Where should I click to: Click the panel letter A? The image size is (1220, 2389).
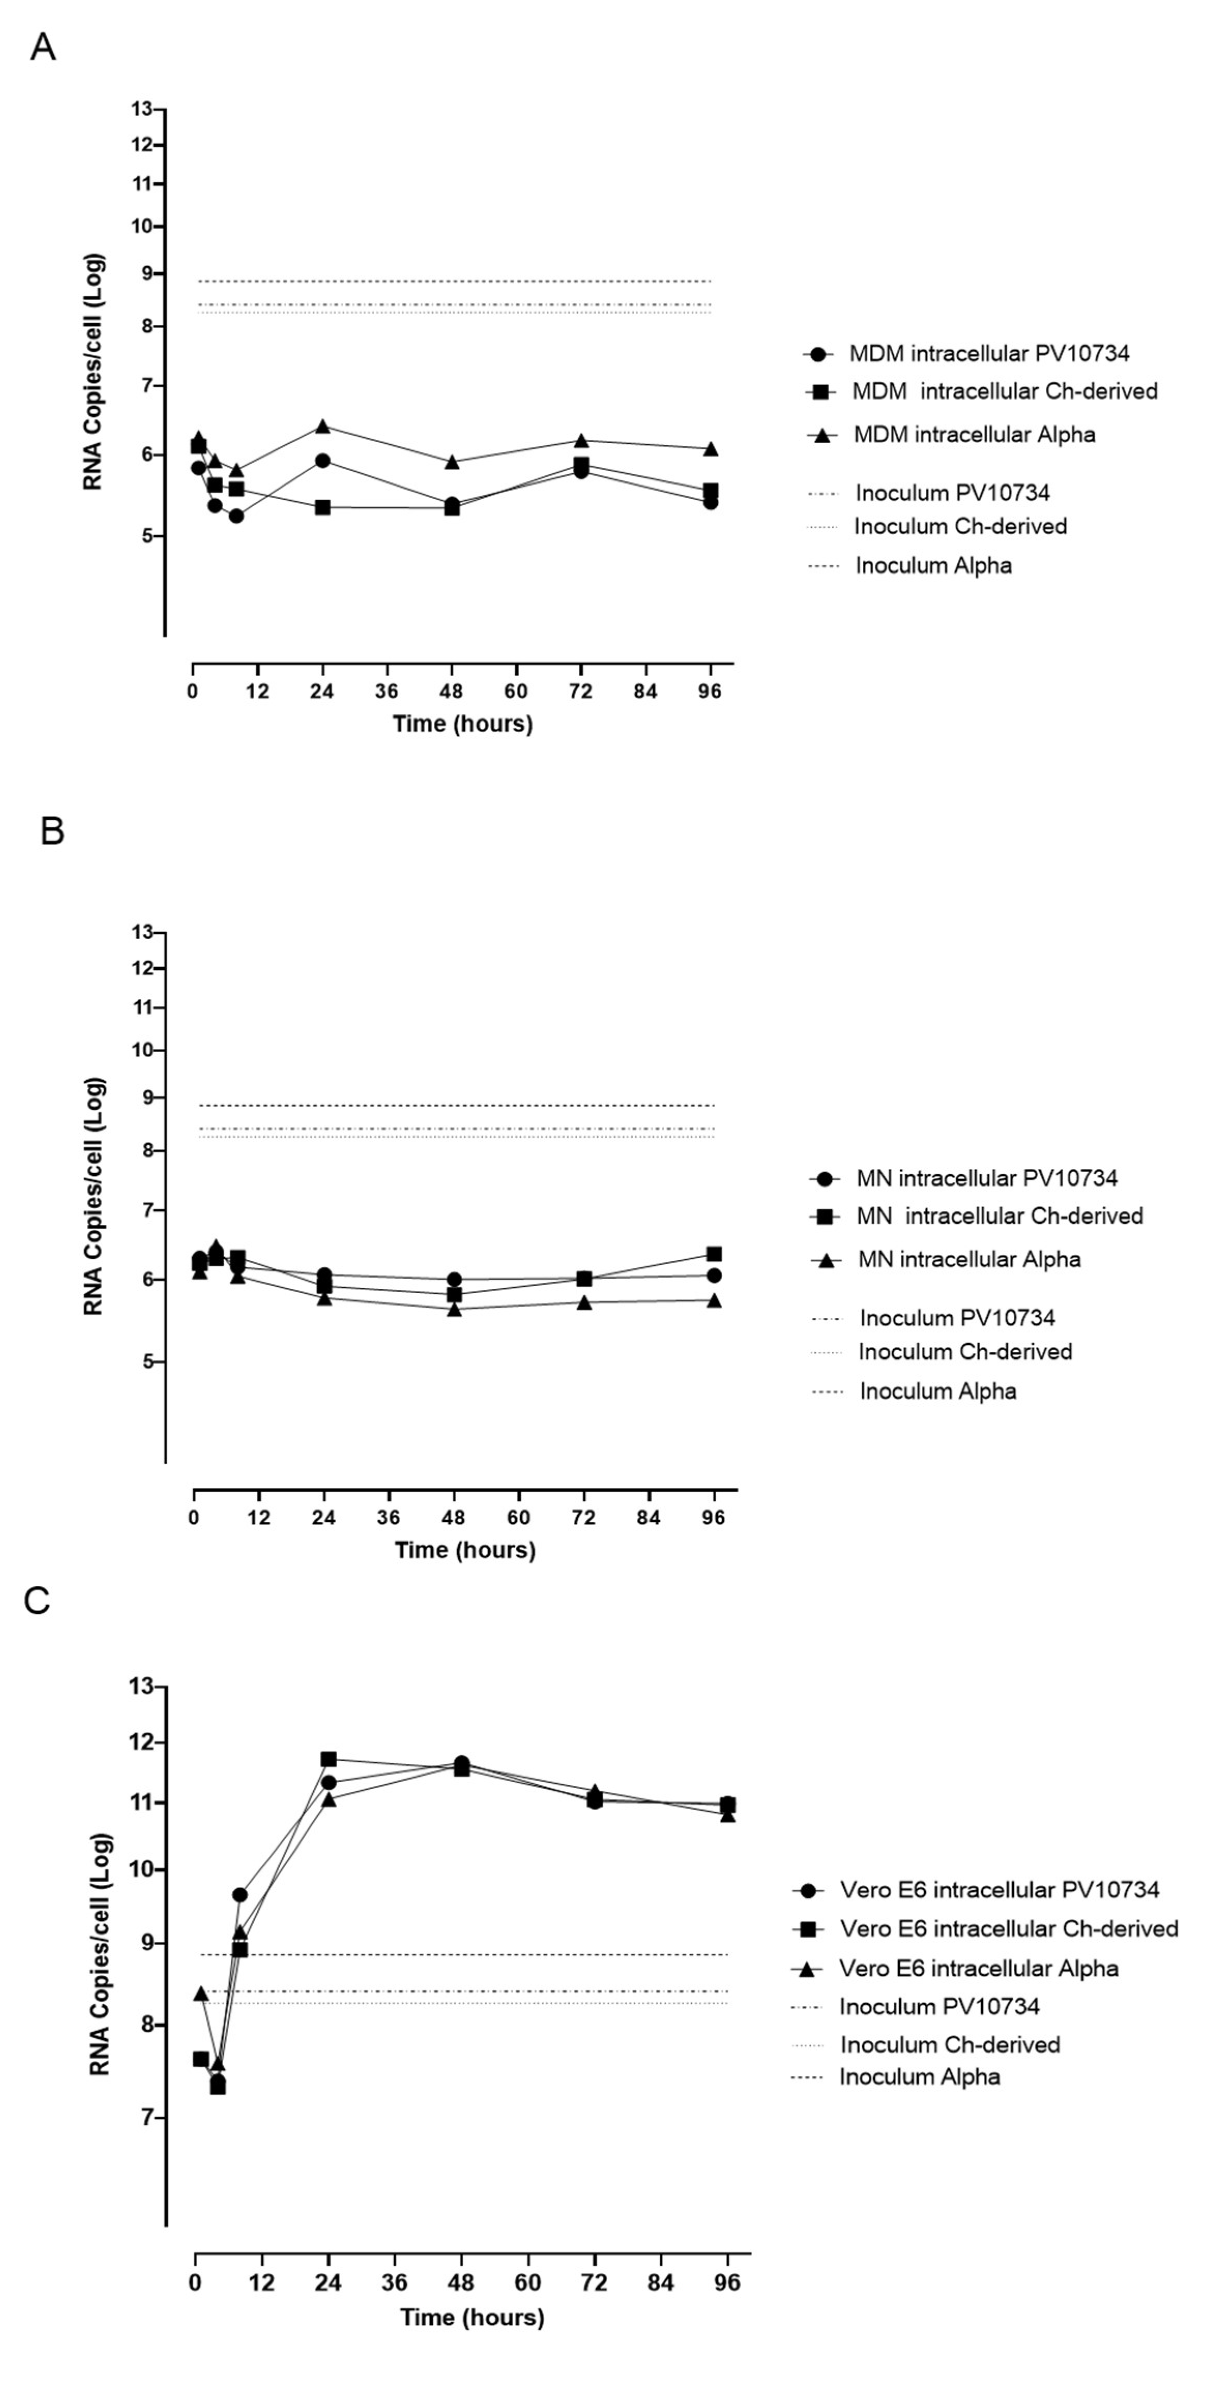click(x=42, y=47)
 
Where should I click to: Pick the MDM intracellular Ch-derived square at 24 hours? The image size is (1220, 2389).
click(x=322, y=507)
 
